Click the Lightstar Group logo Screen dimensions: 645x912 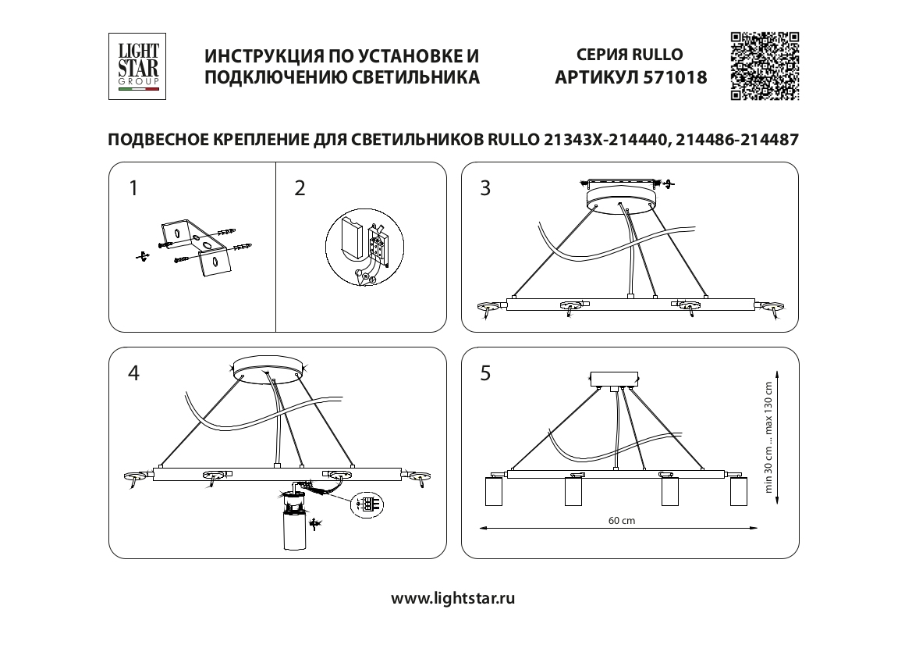coord(138,66)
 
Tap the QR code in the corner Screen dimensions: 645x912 coord(765,66)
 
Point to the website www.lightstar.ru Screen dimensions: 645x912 coord(453,599)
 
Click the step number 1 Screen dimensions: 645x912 coord(133,188)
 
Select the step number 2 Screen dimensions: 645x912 coord(300,188)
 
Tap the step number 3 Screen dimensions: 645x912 coord(485,188)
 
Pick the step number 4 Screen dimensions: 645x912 coord(133,373)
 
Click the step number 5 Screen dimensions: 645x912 coord(485,373)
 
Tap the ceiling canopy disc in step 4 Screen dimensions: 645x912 coord(270,365)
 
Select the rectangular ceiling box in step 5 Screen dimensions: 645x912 coord(615,379)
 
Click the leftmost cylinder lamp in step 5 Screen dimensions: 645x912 coord(495,494)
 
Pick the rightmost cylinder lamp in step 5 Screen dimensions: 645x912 coord(739,494)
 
